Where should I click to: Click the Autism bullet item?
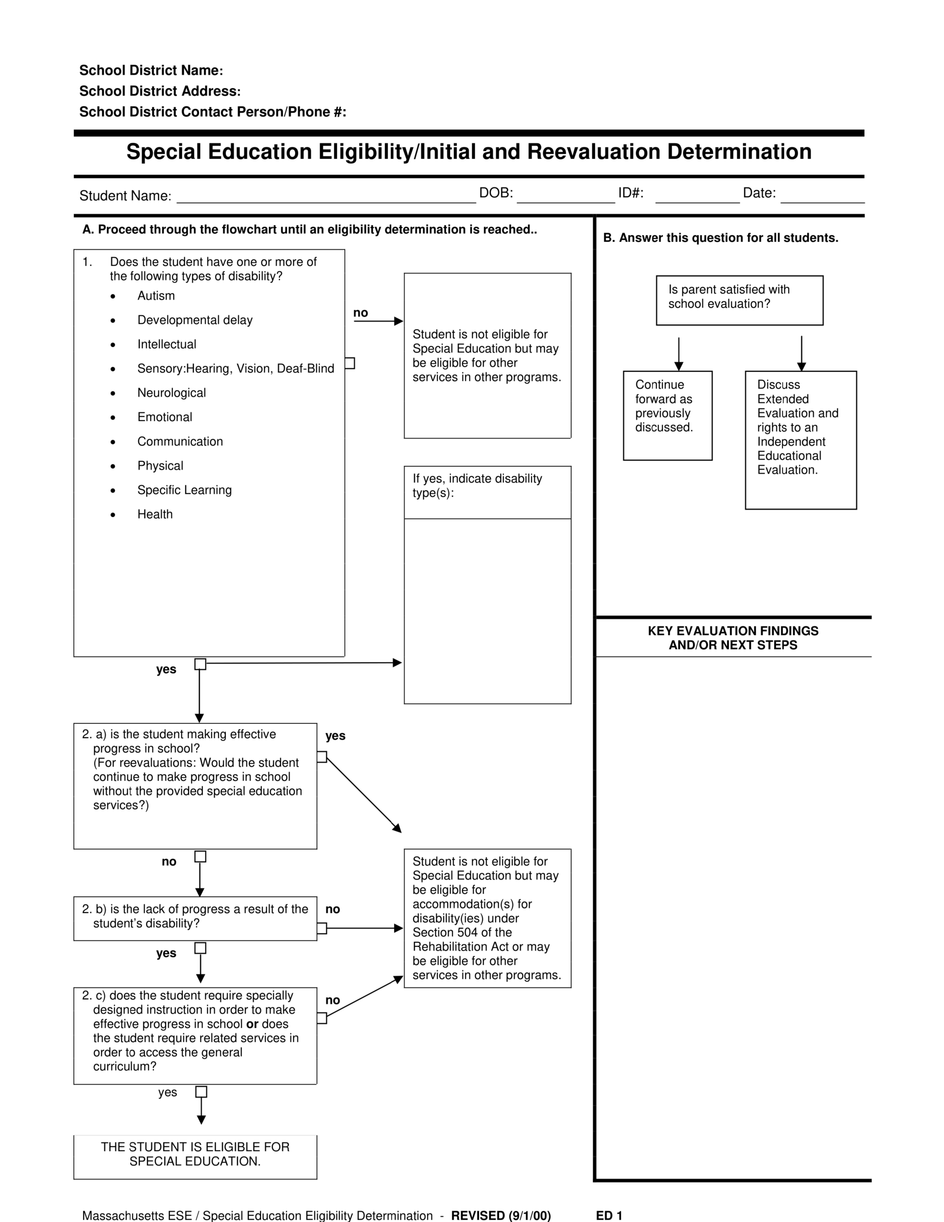click(156, 296)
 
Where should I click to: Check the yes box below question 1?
click(200, 664)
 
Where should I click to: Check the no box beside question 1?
click(349, 363)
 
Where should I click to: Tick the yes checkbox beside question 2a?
click(322, 757)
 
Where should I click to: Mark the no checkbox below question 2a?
click(200, 857)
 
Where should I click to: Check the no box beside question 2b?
click(322, 929)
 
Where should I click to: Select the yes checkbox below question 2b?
click(200, 948)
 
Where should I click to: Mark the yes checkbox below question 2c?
click(201, 1092)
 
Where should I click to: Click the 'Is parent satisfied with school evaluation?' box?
click(739, 300)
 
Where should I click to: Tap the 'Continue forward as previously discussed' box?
click(668, 415)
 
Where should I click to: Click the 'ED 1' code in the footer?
click(609, 1215)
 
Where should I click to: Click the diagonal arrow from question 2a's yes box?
click(364, 795)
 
